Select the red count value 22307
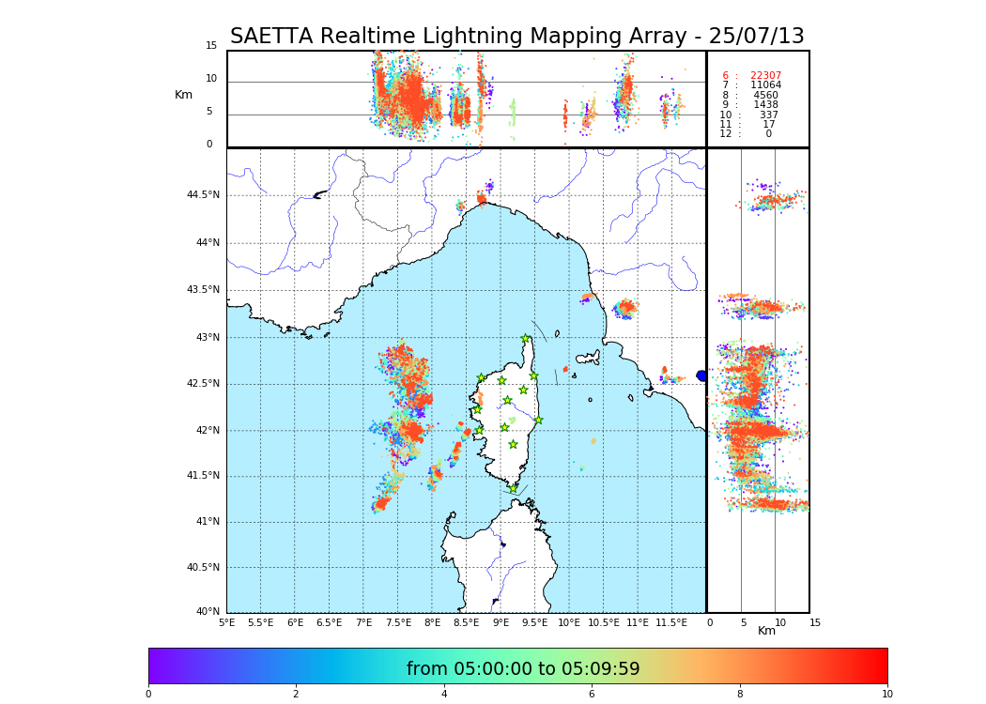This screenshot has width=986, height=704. pos(765,76)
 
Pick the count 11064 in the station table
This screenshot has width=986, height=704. pos(765,85)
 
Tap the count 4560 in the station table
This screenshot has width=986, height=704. pos(765,95)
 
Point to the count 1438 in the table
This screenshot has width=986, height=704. pos(765,105)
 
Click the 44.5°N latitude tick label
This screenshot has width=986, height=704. pos(202,195)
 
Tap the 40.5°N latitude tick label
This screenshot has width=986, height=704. pos(202,568)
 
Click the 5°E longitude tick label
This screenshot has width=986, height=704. pos(227,622)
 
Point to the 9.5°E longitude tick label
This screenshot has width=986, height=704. pos(535,622)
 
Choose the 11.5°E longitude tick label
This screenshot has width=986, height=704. pos(672,622)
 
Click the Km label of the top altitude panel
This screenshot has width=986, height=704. pos(183,95)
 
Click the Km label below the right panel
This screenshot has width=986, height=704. pos(766,631)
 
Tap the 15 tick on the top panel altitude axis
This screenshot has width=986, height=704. pos(211,46)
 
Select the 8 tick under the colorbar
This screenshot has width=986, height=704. pos(740,694)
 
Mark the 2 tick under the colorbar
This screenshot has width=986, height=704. pos(296,694)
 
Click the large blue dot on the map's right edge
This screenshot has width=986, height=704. pos(701,375)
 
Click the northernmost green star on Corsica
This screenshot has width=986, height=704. pos(526,339)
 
